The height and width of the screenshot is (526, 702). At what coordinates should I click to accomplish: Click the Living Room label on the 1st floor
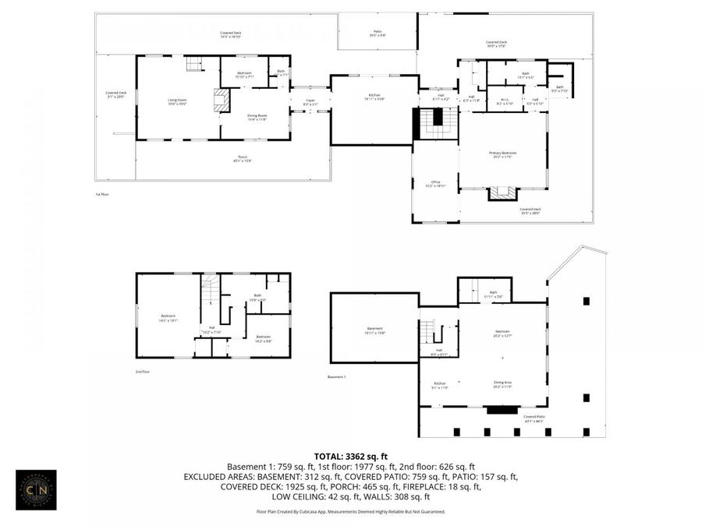coord(178,101)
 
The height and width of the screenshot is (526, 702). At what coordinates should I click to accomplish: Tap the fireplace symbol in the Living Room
coord(222,99)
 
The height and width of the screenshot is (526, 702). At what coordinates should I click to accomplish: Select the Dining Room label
coord(257,118)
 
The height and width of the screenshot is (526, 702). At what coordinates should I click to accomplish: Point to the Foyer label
coord(310,102)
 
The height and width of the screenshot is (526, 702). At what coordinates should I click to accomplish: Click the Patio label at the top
coord(378,34)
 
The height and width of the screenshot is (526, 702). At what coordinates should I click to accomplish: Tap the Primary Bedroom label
coord(503,154)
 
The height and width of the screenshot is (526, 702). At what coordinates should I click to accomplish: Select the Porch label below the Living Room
coord(243,159)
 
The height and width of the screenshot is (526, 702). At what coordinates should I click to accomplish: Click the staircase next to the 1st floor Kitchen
coord(438,123)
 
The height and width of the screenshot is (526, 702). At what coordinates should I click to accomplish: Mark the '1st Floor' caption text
coord(102,194)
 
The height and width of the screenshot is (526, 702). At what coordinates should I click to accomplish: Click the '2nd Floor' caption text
coord(144,372)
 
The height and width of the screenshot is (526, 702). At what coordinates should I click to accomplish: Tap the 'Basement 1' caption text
coord(336,377)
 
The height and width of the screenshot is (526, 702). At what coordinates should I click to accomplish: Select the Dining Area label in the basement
coord(502,383)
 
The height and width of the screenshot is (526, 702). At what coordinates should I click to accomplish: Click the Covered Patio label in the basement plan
coord(534,418)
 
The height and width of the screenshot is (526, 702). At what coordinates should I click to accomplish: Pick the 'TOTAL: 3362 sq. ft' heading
coord(350,456)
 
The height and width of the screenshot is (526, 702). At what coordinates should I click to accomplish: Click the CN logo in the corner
coord(36,489)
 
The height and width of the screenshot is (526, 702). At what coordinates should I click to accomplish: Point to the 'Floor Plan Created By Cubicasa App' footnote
coord(350,512)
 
